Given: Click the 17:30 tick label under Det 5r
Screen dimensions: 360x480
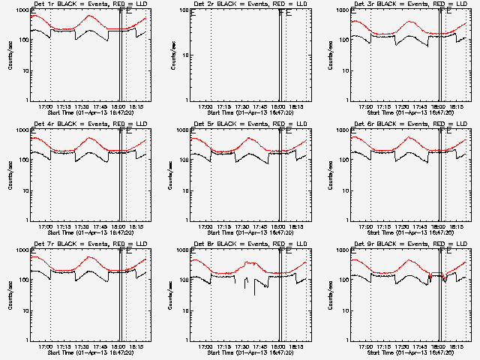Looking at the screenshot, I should point(241,226).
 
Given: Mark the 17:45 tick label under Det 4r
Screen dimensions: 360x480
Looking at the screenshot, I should point(100,226).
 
